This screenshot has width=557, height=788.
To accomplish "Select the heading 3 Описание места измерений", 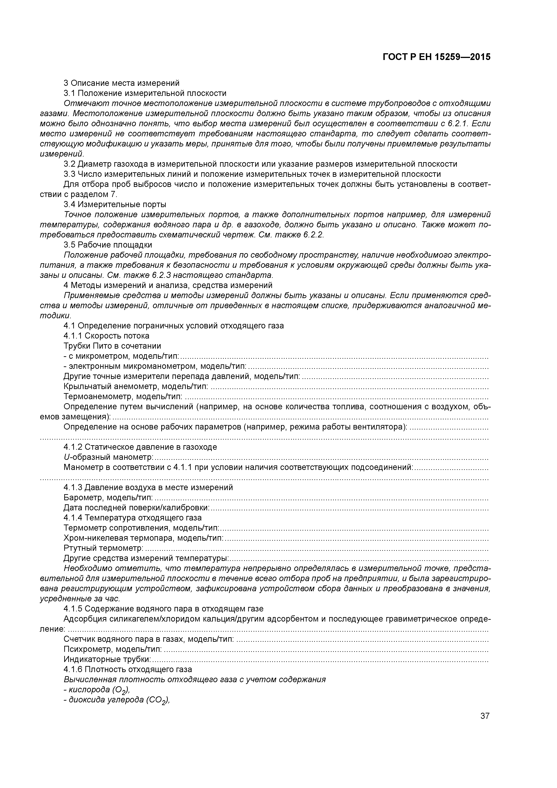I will tap(122, 83).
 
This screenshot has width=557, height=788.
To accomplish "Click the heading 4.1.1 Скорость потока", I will tap(106, 336).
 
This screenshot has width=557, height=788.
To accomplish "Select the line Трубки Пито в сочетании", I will tap(112, 346).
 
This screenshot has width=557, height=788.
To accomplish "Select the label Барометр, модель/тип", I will tap(108, 498).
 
